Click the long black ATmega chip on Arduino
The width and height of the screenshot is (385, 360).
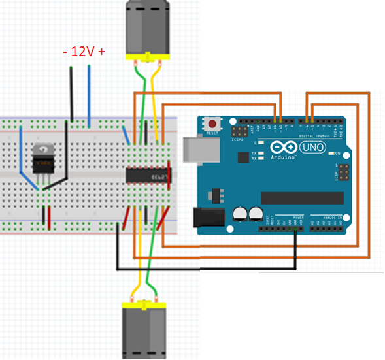point(301,197)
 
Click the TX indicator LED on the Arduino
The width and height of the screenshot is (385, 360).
point(261,154)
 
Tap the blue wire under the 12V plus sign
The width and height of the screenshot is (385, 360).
point(89,91)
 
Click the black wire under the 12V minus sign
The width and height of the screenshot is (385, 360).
point(71,91)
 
